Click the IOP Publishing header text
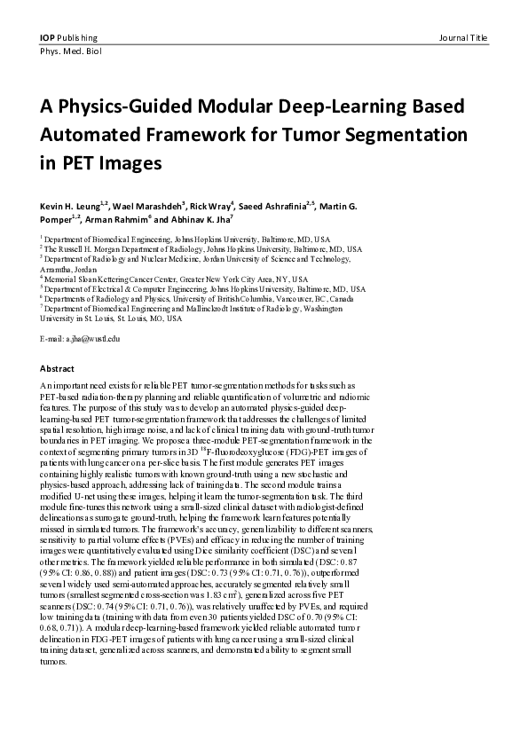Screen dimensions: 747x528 coord(68,38)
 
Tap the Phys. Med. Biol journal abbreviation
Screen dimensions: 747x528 coord(69,52)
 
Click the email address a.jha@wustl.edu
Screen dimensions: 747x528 coord(80,339)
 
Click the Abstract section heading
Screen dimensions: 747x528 coord(57,368)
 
